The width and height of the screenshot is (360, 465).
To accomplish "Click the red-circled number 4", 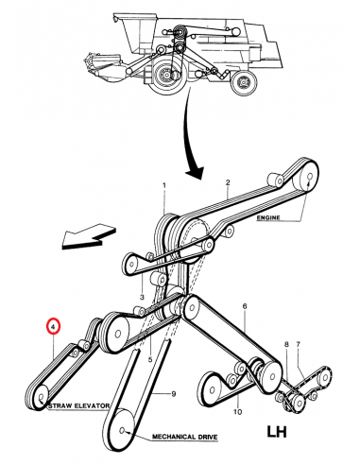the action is (x=53, y=327).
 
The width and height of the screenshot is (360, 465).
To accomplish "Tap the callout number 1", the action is (x=164, y=185).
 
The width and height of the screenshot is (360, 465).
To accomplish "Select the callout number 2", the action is (x=228, y=182).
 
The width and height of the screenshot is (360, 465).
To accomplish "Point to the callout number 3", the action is (x=142, y=297).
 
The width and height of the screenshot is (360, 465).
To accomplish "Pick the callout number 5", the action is (x=150, y=359).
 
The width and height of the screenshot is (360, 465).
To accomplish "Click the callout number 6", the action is (x=245, y=306).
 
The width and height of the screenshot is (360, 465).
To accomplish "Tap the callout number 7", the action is (x=298, y=344).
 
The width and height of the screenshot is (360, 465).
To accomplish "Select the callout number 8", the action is (x=286, y=344).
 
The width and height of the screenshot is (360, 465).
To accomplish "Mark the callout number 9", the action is (x=173, y=394).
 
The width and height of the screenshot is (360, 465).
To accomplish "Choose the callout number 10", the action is (x=237, y=411).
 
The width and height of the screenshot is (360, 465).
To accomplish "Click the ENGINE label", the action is (x=268, y=217).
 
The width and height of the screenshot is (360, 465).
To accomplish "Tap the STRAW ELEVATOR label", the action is (x=78, y=406).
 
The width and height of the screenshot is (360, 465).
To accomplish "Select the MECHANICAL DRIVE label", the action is (x=185, y=437).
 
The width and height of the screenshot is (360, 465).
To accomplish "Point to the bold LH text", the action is (x=277, y=432).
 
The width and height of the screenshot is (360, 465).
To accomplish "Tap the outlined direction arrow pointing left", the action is (x=88, y=237).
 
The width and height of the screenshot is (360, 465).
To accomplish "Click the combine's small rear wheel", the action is (x=244, y=82).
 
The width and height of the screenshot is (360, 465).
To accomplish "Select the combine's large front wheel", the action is (x=167, y=77).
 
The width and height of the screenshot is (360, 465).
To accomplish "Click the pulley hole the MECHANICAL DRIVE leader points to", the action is (x=123, y=429).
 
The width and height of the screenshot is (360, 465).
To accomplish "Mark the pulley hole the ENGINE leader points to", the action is (x=309, y=176).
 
